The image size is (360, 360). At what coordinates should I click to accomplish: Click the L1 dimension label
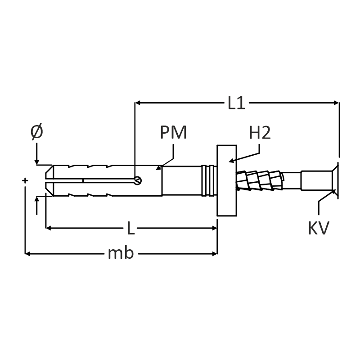pyautogui.click(x=236, y=103)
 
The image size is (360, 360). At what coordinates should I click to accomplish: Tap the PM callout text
pyautogui.click(x=173, y=133)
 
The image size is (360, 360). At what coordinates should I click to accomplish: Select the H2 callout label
pyautogui.click(x=260, y=133)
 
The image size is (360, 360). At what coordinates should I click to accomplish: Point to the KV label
pyautogui.click(x=319, y=228)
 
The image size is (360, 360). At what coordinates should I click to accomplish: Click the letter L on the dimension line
pyautogui.click(x=130, y=229)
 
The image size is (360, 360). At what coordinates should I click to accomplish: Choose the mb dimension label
pyautogui.click(x=121, y=254)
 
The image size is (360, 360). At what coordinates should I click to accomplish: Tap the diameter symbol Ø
pyautogui.click(x=37, y=132)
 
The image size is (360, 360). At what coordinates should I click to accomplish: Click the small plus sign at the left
pyautogui.click(x=25, y=180)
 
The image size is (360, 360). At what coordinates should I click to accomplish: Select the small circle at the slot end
pyautogui.click(x=138, y=181)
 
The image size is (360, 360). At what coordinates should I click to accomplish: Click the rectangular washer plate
pyautogui.click(x=227, y=180)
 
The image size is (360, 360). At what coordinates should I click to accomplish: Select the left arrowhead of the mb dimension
pyautogui.click(x=27, y=254)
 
